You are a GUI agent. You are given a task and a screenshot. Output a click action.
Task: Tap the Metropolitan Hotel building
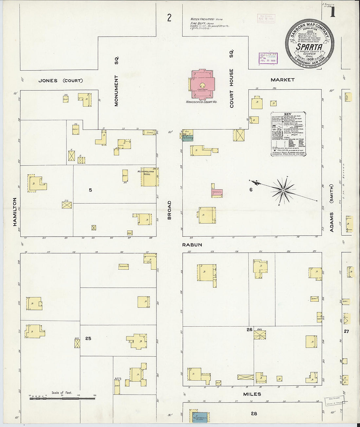tap(150, 177)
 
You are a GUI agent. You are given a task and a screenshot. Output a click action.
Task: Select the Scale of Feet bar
tap(62, 398)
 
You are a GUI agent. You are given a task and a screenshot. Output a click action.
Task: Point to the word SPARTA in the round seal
tap(309, 47)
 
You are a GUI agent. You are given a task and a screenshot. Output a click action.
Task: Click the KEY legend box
tap(288, 134)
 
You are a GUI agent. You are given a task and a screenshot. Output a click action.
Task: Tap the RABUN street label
tap(192, 245)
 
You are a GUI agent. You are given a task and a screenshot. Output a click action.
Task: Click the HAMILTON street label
tap(15, 212)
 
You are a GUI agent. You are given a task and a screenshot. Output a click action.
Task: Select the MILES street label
tap(252, 394)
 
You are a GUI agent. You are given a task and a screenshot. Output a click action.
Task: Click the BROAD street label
tap(169, 210)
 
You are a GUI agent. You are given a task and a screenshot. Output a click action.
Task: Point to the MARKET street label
tap(282, 80)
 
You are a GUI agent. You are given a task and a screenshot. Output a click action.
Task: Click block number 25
tap(88, 338)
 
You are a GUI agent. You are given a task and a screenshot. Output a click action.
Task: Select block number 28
tap(254, 414)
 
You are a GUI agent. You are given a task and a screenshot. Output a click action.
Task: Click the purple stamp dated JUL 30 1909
tap(268, 58)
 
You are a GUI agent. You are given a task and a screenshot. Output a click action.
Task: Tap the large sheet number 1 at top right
tap(333, 12)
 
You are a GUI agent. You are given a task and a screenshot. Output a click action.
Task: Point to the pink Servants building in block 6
tap(217, 193)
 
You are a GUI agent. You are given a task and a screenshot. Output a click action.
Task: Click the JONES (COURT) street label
tap(61, 80)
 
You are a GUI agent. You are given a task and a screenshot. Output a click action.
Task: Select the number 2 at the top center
tap(169, 18)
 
